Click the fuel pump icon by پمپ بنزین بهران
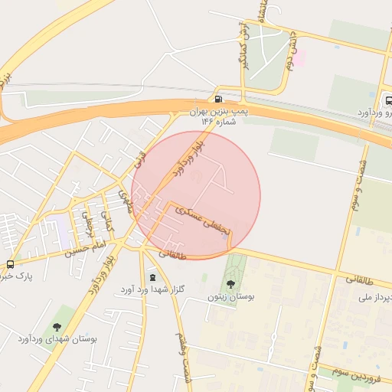220,98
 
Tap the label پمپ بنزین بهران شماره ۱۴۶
221,116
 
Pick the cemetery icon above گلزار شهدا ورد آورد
152,276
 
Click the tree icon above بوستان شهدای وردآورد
57,327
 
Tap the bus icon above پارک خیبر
10,264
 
